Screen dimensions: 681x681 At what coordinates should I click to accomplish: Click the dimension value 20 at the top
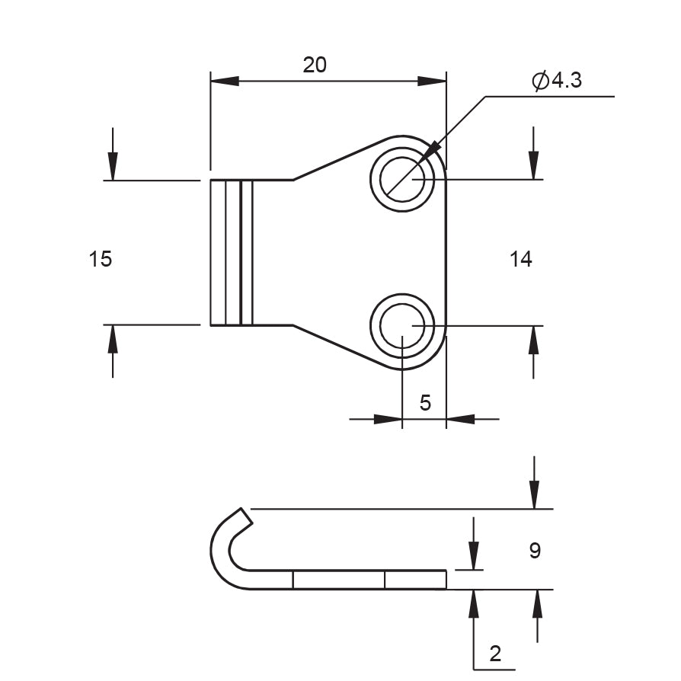315,66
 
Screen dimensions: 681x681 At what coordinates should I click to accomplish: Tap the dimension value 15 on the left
100,259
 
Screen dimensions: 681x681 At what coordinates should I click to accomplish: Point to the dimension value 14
521,260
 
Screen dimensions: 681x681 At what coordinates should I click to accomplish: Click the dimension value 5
425,403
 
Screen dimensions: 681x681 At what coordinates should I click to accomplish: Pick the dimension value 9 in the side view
535,551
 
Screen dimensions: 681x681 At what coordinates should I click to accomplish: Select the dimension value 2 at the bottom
496,653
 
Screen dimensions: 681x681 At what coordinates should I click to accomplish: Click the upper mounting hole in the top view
402,180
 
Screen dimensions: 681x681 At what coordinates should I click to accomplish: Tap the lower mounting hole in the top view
402,325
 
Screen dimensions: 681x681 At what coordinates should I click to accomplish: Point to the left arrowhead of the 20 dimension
225,81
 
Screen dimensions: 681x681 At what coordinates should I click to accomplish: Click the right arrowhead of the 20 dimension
432,81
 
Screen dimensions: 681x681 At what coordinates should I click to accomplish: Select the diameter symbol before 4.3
541,81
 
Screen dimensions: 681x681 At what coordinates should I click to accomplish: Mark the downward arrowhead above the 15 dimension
113,166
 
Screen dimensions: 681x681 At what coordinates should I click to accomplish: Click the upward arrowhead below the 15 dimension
113,339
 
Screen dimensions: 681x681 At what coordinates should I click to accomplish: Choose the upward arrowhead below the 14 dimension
533,340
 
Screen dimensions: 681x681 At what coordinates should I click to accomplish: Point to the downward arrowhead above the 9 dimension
535,494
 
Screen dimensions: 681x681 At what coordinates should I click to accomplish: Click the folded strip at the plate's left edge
232,252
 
